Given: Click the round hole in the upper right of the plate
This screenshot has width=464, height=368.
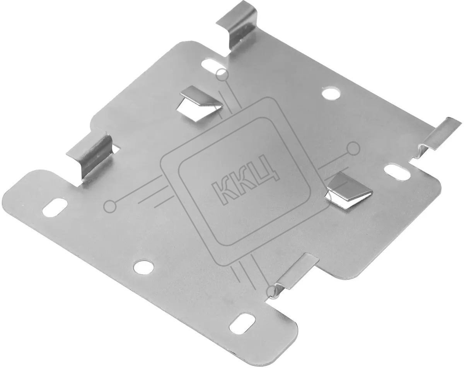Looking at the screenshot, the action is pos(331,94).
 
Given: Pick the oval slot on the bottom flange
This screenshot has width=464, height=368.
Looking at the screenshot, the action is pos(242,325).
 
